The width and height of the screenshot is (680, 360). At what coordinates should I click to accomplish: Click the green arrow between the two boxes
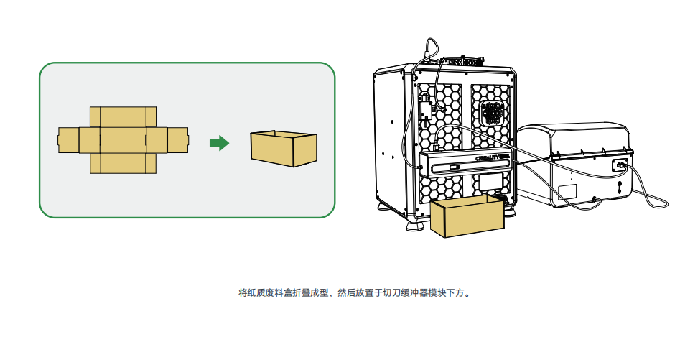pyautogui.click(x=219, y=143)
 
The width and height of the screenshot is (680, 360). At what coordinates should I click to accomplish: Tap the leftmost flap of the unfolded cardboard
pyautogui.click(x=68, y=140)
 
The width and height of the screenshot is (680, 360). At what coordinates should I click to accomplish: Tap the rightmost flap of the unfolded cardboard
pyautogui.click(x=177, y=140)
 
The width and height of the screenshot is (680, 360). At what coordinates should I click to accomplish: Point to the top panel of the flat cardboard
pyautogui.click(x=123, y=116)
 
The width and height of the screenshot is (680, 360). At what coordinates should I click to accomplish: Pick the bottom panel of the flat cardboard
pyautogui.click(x=123, y=163)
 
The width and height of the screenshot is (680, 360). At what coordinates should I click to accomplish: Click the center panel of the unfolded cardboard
pyautogui.click(x=123, y=140)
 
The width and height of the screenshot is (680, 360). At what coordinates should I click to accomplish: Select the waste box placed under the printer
pyautogui.click(x=467, y=218)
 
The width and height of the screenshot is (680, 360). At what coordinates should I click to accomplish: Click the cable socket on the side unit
pyautogui.click(x=618, y=165)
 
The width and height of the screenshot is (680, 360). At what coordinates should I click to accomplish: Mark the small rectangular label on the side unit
pyautogui.click(x=567, y=192)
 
